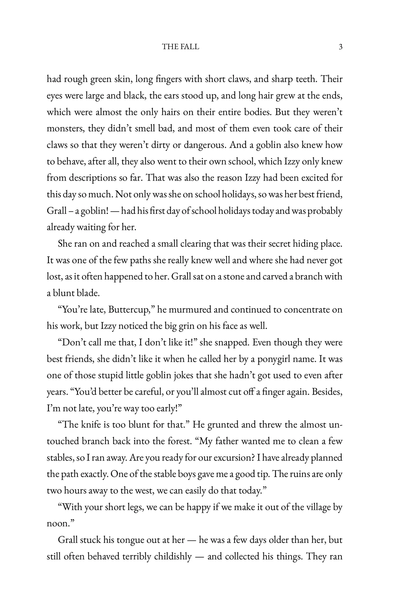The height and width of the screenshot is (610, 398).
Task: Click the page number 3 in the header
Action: (x=340, y=47)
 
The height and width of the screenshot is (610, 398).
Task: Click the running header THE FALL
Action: (x=180, y=47)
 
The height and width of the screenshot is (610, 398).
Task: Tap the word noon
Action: (x=58, y=524)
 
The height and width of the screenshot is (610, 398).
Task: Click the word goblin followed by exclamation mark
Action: (x=93, y=211)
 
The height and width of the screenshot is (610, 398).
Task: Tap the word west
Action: (x=145, y=491)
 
